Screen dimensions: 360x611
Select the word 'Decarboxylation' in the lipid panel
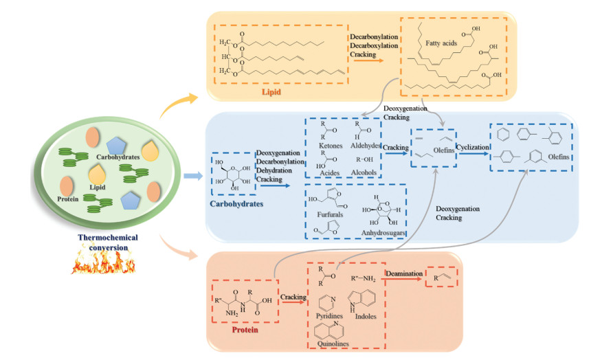[375, 45]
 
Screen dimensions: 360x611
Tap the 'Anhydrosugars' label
[380, 232]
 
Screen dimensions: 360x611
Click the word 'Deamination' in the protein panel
[404, 273]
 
